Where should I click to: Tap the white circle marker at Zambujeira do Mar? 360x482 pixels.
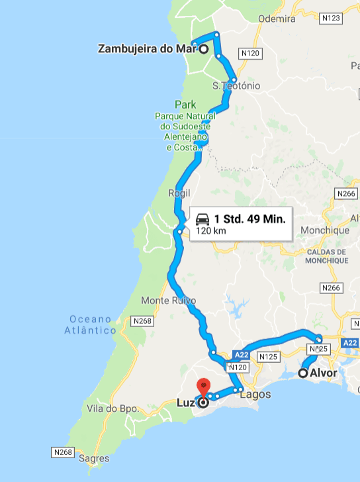(x=204, y=49)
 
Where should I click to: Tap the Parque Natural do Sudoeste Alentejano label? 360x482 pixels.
(x=187, y=126)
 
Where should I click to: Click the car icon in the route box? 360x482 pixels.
(x=203, y=219)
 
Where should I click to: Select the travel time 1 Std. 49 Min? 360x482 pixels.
(x=249, y=219)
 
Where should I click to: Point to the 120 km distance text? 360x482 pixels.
(x=210, y=232)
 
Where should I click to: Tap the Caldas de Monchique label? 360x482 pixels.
(x=326, y=256)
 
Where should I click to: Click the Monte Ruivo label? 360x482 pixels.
(x=169, y=301)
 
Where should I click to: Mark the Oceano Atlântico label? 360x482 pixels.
(x=93, y=324)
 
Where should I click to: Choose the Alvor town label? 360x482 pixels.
(x=324, y=373)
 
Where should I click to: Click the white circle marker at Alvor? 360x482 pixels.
(x=303, y=373)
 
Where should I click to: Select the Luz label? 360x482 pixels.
(x=185, y=402)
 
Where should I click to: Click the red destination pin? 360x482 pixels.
(x=204, y=387)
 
